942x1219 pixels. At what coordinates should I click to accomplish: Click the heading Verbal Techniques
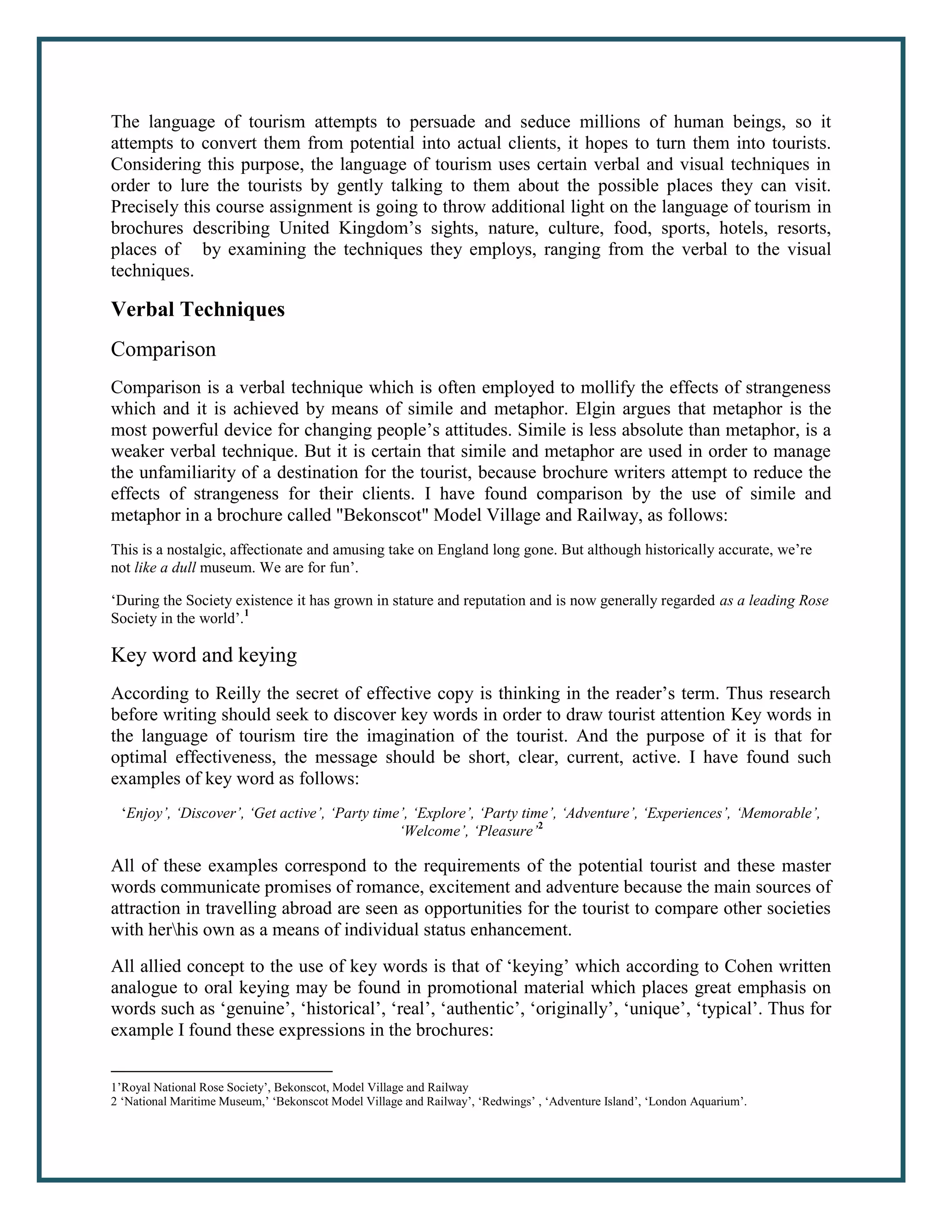[x=197, y=309]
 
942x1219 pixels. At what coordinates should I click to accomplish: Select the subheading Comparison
[x=163, y=350]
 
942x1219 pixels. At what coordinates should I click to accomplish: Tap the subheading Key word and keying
[x=204, y=655]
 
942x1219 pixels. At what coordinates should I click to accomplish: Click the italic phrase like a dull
[x=165, y=568]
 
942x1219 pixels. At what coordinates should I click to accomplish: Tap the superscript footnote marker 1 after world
[x=247, y=615]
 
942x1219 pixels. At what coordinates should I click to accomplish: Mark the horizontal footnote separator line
[x=222, y=1071]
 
